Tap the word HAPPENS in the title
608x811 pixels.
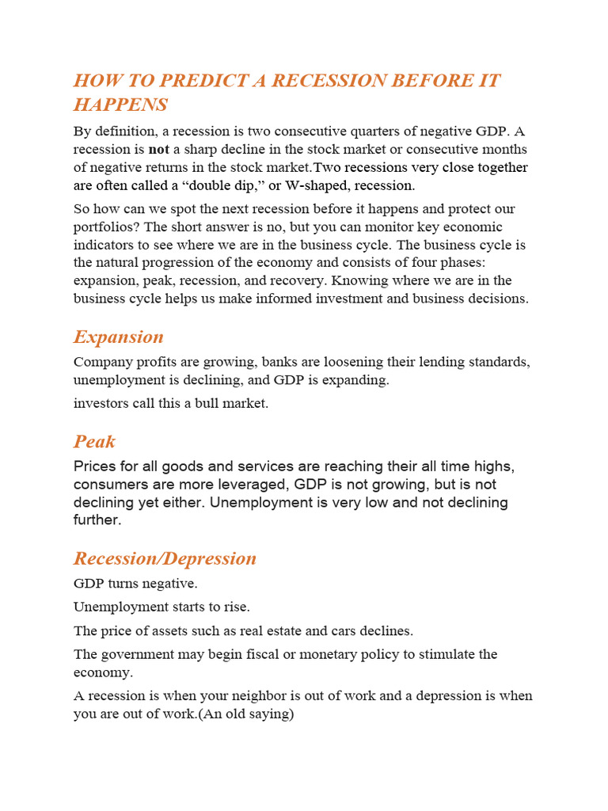click(x=120, y=105)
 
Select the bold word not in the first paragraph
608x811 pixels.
click(x=159, y=149)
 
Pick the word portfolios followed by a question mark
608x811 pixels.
click(x=108, y=227)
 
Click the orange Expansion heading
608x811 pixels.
click(x=119, y=337)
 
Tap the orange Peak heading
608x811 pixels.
click(x=94, y=441)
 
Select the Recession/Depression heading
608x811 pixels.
click(x=165, y=558)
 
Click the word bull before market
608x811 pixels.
click(x=205, y=403)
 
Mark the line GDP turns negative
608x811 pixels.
click(x=135, y=584)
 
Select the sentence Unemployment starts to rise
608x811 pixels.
click(x=161, y=607)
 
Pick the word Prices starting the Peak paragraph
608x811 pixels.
click(x=94, y=466)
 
